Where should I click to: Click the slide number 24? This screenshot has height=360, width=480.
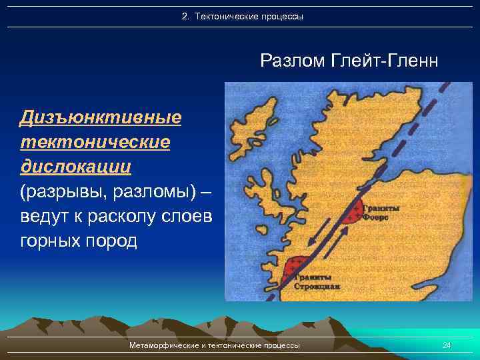point(447,345)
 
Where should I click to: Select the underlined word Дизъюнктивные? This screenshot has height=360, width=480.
point(100,118)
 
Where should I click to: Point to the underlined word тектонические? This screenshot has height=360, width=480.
point(95,142)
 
